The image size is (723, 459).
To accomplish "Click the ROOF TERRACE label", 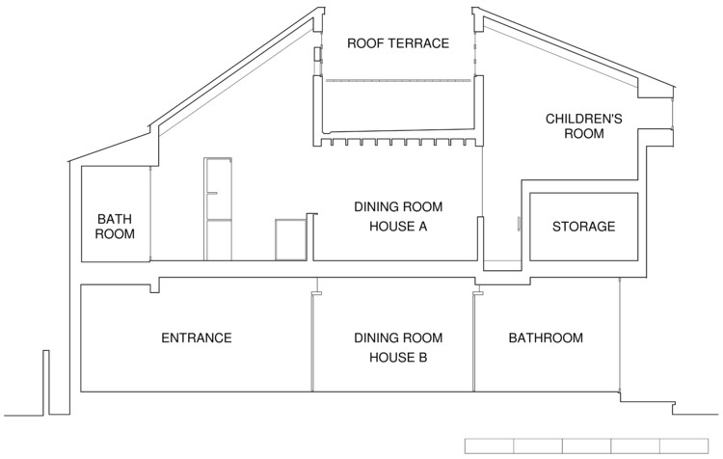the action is coord(398,43).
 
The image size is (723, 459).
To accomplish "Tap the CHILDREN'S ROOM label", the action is coord(584,126).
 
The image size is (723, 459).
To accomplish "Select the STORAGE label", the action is coord(584,227).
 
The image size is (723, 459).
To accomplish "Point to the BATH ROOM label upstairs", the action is coord(115,226).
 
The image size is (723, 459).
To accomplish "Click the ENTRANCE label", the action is coord(197,338).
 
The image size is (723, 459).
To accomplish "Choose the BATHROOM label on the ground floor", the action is coord(546,338).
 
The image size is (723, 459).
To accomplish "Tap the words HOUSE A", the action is coord(398,227).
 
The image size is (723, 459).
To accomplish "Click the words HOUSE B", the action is coord(398,358).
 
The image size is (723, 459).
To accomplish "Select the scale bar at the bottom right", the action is coord(586,446).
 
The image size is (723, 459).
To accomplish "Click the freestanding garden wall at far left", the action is coord(46,383).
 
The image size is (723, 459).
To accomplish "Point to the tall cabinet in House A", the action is coord(218,209).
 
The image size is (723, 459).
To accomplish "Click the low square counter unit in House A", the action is coord(290,240).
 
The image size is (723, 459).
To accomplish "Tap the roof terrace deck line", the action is coord(398,81).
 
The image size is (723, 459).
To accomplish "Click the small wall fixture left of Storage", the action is coord(518,224).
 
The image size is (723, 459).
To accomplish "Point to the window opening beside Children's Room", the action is coord(672,114).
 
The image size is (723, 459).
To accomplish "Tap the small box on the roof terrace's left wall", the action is coord(318,53).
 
